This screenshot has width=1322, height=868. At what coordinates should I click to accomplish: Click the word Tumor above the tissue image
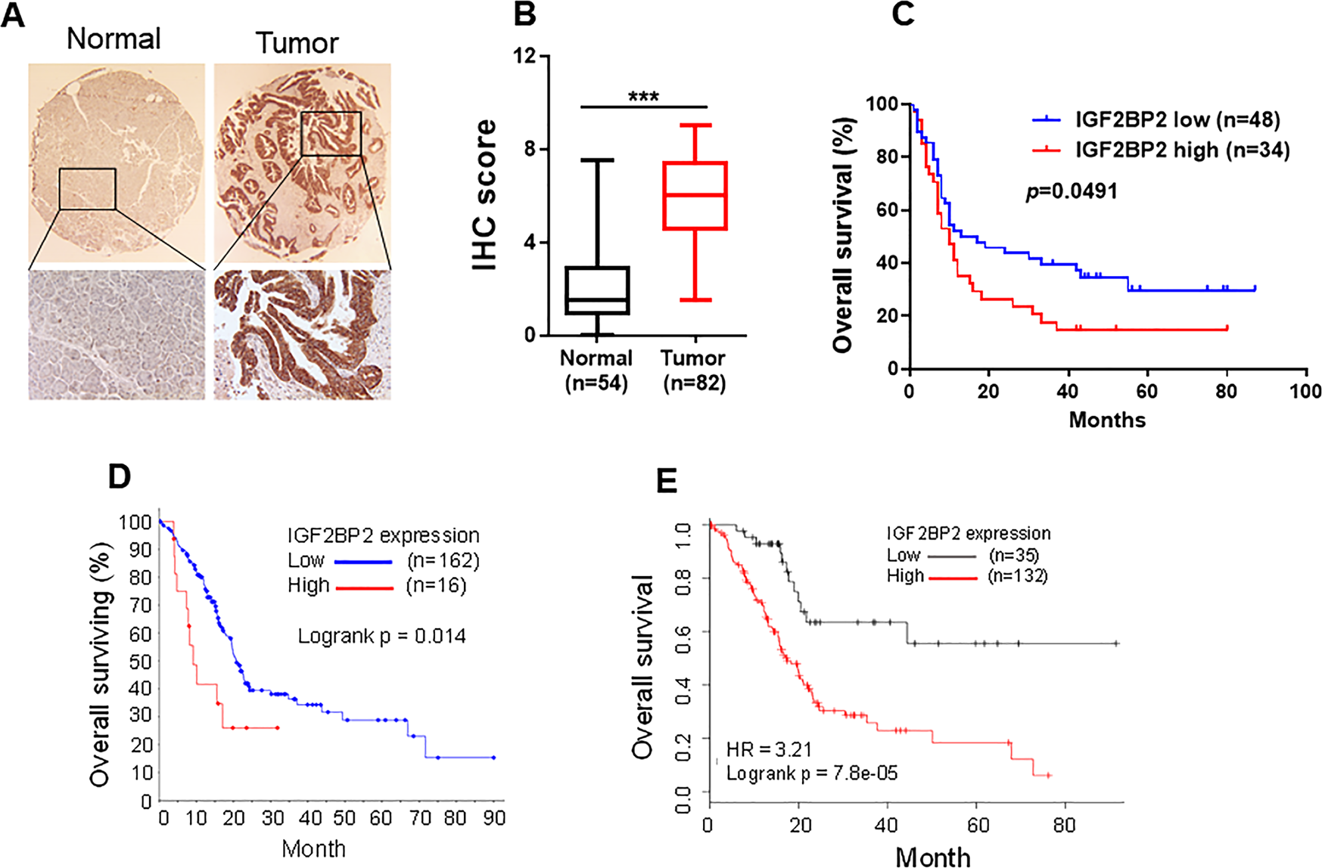point(297,43)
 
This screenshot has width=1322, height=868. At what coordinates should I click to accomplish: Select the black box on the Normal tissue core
point(87,189)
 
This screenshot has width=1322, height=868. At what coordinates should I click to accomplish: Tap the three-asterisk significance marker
point(643,97)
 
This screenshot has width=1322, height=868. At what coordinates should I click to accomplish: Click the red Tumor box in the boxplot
point(695,195)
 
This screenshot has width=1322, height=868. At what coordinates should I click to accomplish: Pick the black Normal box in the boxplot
point(597,290)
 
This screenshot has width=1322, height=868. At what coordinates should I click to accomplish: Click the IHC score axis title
point(485,195)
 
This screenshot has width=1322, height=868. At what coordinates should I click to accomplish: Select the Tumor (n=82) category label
point(693,370)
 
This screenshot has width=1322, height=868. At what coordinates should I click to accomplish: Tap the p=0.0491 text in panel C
point(1072,191)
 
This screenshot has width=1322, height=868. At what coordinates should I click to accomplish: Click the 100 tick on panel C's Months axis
point(1305,391)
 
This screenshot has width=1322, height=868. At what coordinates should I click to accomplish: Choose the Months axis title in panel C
point(1107,420)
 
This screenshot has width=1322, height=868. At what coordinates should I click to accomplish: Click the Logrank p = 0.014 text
point(381,636)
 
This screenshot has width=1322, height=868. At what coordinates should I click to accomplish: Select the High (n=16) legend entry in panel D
point(377,586)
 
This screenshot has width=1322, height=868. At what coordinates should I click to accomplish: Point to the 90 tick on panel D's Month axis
point(494,819)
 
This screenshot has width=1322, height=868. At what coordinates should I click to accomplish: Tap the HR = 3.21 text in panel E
point(769,749)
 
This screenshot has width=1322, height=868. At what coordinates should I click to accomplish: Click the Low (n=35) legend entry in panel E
point(961,556)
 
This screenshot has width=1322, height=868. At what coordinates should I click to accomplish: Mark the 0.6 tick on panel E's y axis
point(683,632)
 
